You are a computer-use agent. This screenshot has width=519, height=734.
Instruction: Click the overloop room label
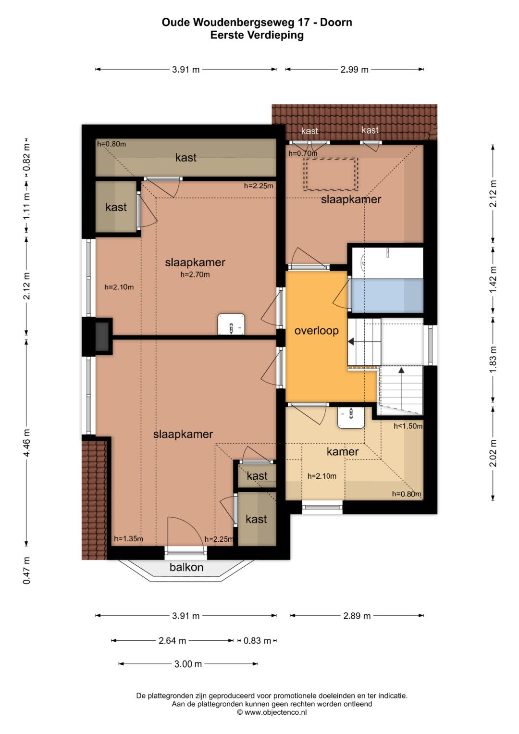[316, 331]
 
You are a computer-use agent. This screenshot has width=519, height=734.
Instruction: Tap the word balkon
[186, 567]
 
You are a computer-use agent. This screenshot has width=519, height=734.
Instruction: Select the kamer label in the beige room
[342, 452]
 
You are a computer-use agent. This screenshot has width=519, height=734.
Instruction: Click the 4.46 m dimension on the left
[26, 443]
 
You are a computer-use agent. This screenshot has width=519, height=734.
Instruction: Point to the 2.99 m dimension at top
[354, 70]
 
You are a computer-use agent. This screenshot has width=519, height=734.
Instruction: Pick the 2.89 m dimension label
[357, 616]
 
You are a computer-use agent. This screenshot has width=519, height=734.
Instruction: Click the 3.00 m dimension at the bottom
[188, 664]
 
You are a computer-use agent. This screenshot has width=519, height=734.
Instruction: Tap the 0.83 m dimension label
[257, 641]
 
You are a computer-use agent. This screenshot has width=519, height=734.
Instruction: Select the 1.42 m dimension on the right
[493, 280]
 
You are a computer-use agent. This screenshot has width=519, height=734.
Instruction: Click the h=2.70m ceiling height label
[195, 274]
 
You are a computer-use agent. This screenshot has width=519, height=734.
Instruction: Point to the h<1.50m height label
[408, 426]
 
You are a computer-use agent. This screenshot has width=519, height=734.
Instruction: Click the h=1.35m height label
[128, 539]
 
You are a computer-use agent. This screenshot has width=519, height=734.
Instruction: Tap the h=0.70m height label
[303, 153]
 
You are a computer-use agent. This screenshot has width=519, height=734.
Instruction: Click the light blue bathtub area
[387, 295]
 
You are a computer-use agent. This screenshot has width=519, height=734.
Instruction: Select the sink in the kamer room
[351, 417]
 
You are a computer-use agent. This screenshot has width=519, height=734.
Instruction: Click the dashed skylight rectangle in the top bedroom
[330, 174]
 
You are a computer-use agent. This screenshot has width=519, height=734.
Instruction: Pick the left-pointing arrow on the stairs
[351, 341]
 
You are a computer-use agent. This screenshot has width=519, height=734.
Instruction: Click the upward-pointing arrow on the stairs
[401, 371]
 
